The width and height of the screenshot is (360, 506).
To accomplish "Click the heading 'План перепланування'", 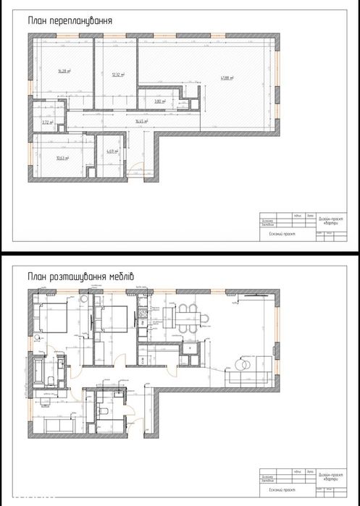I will (70, 21).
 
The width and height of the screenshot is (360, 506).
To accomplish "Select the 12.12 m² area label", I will (117, 74).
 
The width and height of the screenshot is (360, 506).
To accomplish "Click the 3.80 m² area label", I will (160, 101).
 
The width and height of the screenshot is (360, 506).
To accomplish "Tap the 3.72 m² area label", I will (46, 122).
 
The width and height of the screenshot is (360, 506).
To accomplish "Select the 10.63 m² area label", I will (62, 156).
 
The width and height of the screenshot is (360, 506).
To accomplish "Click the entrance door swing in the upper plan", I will (133, 171).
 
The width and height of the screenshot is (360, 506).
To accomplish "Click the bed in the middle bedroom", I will (112, 316).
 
